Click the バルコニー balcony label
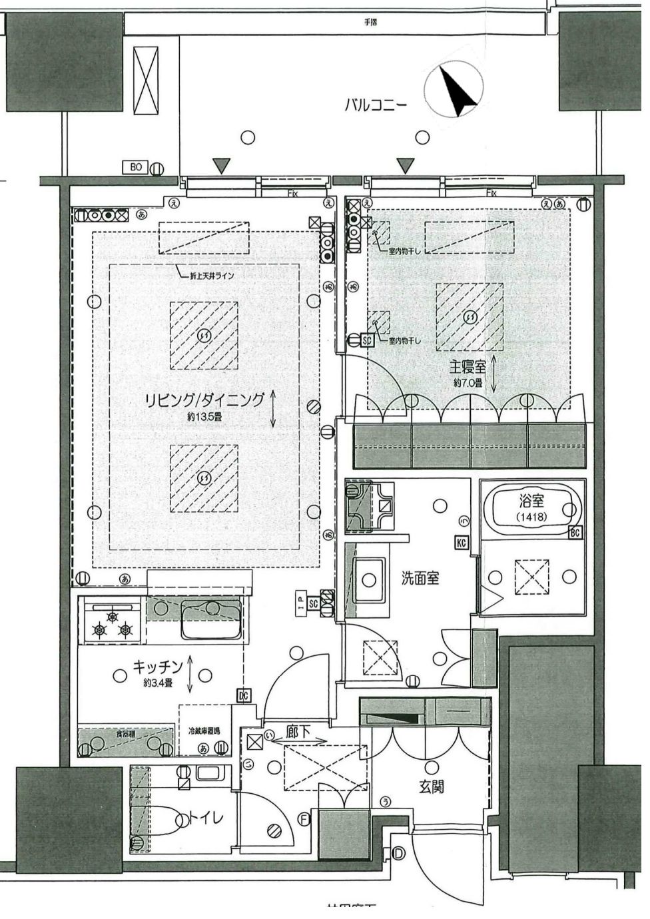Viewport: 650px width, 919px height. pyautogui.click(x=375, y=105)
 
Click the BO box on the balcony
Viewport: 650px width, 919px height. pyautogui.click(x=136, y=168)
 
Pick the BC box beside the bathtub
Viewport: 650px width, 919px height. pyautogui.click(x=575, y=533)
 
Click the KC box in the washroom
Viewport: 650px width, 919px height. pyautogui.click(x=461, y=543)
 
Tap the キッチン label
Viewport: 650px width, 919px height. pyautogui.click(x=159, y=666)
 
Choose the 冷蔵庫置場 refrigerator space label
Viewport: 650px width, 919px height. pyautogui.click(x=204, y=731)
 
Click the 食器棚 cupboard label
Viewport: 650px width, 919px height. pyautogui.click(x=125, y=733)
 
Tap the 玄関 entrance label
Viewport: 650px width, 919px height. pyautogui.click(x=432, y=786)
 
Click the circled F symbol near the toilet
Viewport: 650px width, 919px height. pyautogui.click(x=304, y=820)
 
